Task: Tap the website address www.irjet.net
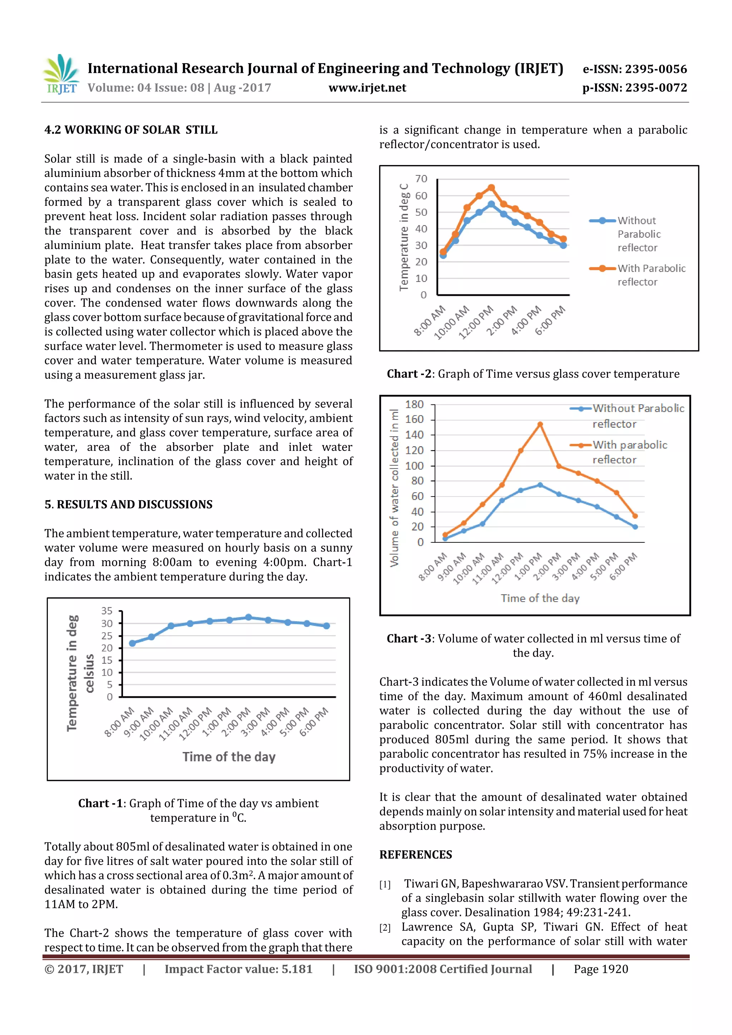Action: pyautogui.click(x=367, y=88)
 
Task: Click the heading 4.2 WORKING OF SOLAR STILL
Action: pyautogui.click(x=131, y=130)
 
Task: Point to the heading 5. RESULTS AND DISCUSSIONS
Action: pyautogui.click(x=129, y=504)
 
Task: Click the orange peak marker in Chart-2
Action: pyautogui.click(x=491, y=188)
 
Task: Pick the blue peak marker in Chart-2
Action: pyautogui.click(x=491, y=204)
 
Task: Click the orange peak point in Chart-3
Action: pyautogui.click(x=540, y=424)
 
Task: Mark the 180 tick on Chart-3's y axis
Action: pyautogui.click(x=414, y=404)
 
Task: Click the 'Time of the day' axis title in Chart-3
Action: pyautogui.click(x=540, y=598)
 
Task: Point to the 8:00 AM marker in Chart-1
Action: pyautogui.click(x=132, y=643)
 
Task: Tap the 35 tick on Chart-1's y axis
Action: pyautogui.click(x=107, y=611)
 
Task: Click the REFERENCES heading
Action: pyautogui.click(x=415, y=855)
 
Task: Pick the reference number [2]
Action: pyautogui.click(x=385, y=927)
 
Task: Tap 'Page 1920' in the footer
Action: pyautogui.click(x=601, y=969)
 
